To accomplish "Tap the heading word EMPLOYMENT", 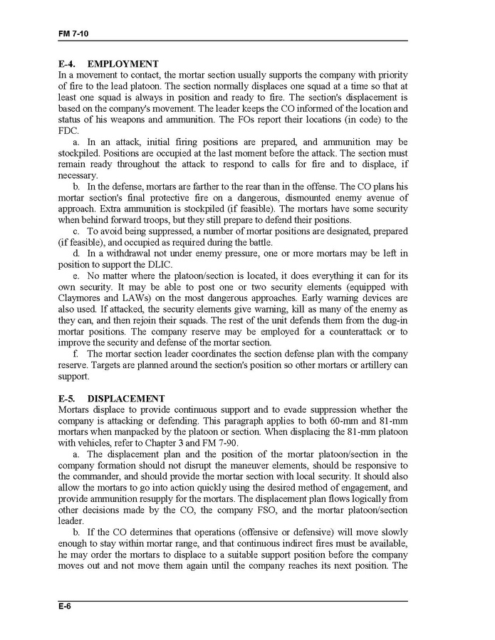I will point(123,64).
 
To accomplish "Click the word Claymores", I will point(79,298).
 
